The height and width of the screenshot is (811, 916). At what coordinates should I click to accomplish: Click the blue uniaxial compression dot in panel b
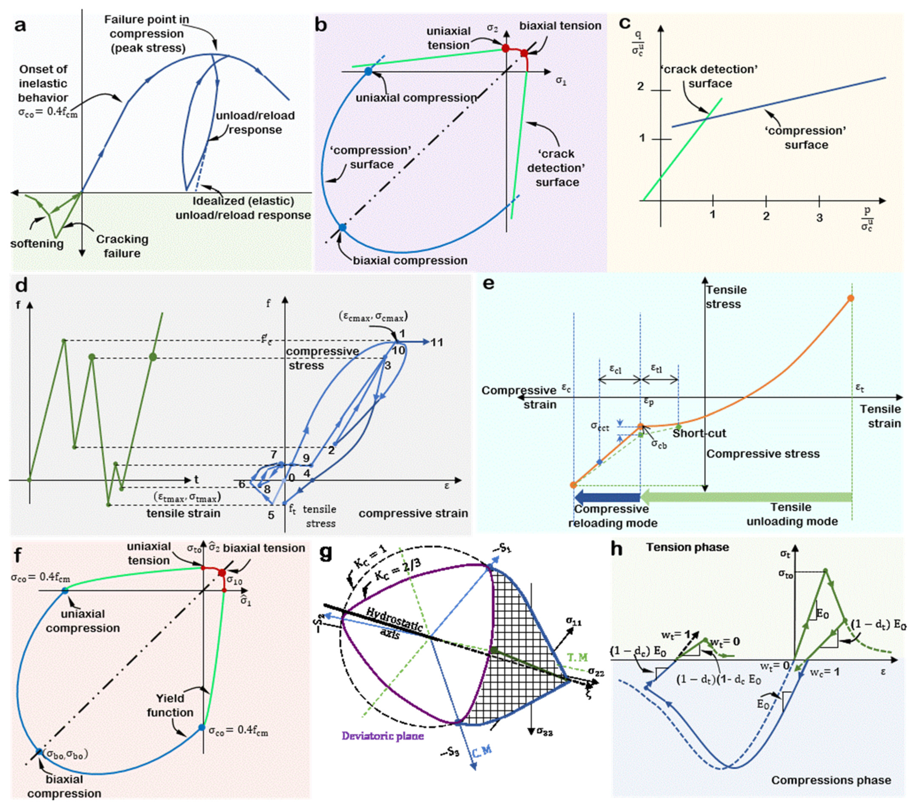click(368, 71)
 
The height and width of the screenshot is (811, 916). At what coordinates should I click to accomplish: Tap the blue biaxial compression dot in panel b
click(342, 227)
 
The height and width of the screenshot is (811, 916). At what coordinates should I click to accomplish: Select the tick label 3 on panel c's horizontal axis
click(819, 217)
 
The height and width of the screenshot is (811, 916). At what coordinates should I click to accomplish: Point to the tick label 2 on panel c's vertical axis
click(641, 86)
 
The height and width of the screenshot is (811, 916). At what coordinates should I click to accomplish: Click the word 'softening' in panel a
click(37, 244)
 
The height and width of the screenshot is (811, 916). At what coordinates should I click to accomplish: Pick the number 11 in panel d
click(437, 342)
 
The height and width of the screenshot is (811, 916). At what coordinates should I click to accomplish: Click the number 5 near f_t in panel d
click(271, 515)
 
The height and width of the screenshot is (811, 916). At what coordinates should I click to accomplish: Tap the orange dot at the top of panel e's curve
click(851, 298)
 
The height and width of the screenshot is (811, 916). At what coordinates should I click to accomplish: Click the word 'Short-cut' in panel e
click(699, 433)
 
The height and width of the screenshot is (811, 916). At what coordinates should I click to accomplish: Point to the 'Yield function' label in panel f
click(170, 705)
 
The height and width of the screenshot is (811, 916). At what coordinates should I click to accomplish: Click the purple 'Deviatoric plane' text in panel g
click(383, 735)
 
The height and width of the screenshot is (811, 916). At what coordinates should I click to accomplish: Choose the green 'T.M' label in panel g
click(577, 658)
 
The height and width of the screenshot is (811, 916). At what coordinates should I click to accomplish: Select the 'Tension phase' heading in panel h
click(687, 547)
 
